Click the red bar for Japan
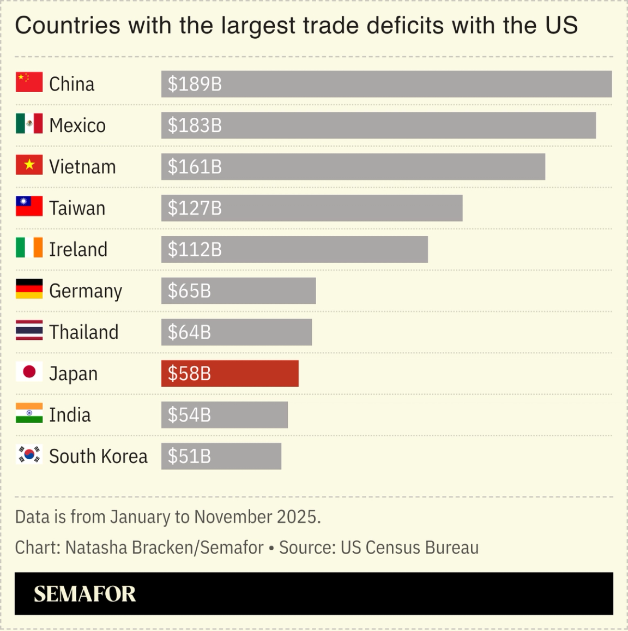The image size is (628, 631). pos(230,374)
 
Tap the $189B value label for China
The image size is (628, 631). pos(195,84)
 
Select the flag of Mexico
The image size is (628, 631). pos(29,124)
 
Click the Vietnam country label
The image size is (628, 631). pos(82,167)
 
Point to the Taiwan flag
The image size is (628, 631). pos(29,207)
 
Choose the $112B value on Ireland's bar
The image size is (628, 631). pos(195,250)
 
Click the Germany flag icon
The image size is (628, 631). pos(29,289)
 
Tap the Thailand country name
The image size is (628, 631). pos(83,332)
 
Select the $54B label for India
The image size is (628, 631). pos(189,415)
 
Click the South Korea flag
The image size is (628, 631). pos(29,455)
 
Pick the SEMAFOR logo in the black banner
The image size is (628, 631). pos(84,594)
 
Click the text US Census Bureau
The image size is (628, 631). pos(409,548)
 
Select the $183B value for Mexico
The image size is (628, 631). pos(195,125)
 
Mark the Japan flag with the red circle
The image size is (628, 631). pos(29,372)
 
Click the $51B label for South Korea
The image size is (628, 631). pos(189,456)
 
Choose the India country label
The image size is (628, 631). pos(70,415)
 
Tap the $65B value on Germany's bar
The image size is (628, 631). pos(189,291)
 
